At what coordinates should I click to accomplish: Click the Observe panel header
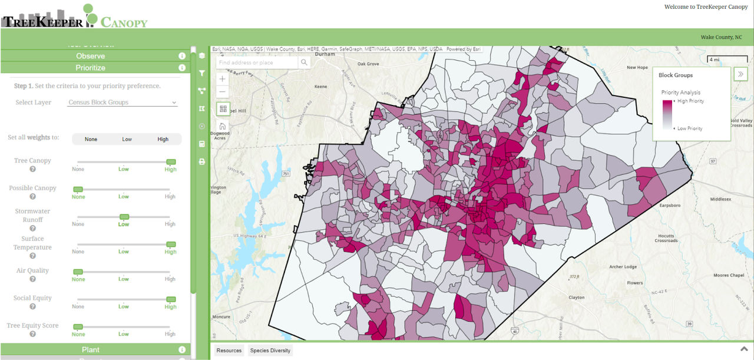coord(90,56)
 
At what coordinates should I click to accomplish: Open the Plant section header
coord(90,350)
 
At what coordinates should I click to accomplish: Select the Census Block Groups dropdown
coord(123,103)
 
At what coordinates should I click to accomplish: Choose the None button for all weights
coord(91,140)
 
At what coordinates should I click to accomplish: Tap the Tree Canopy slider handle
coord(171,162)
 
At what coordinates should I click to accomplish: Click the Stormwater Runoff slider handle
coord(124,217)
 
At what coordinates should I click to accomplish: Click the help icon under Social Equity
coord(33,306)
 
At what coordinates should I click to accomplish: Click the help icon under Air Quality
coord(33,279)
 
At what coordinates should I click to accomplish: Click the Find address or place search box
coord(257,62)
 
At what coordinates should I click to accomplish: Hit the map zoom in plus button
coord(222,79)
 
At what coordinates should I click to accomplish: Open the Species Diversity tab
coord(270,351)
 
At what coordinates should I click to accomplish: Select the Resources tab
coord(229,351)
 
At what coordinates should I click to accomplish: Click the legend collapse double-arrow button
coord(740,75)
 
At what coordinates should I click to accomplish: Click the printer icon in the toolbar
coord(202,161)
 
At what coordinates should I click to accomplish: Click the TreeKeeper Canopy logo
coord(74,16)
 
